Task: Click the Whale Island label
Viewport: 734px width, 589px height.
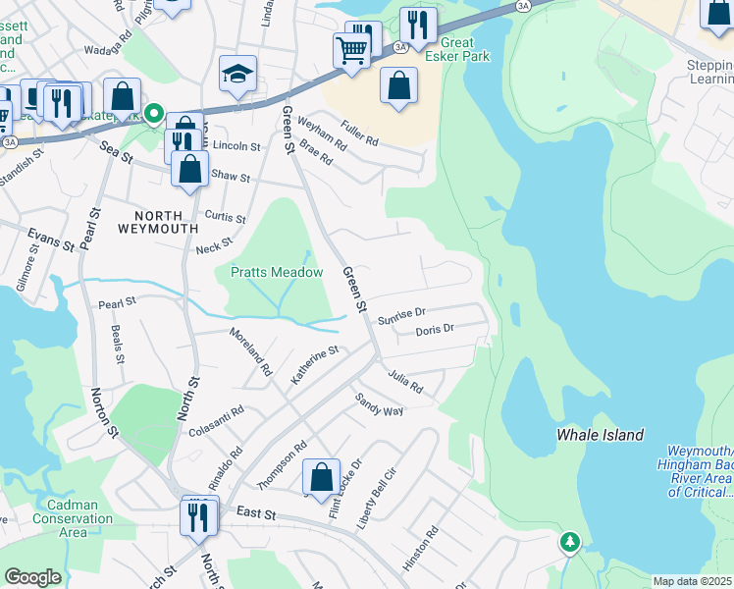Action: [x=600, y=435]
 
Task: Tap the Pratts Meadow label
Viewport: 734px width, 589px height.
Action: [x=277, y=272]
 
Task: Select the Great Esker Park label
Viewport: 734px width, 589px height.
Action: [x=444, y=49]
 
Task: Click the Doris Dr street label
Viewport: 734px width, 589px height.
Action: [x=435, y=331]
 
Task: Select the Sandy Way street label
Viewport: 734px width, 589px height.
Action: [x=380, y=404]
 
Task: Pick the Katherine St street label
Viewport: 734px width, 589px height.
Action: [x=314, y=364]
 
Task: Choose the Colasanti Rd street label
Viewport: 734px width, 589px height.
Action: [x=216, y=424]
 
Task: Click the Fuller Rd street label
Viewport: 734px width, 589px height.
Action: [x=359, y=134]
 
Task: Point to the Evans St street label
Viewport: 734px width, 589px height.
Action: [x=51, y=239]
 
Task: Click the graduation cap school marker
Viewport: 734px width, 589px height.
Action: [x=237, y=75]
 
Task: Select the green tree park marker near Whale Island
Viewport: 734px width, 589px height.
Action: [x=570, y=541]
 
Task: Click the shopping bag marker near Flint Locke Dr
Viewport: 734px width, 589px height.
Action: [x=321, y=476]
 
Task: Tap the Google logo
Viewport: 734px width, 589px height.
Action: [x=33, y=578]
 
